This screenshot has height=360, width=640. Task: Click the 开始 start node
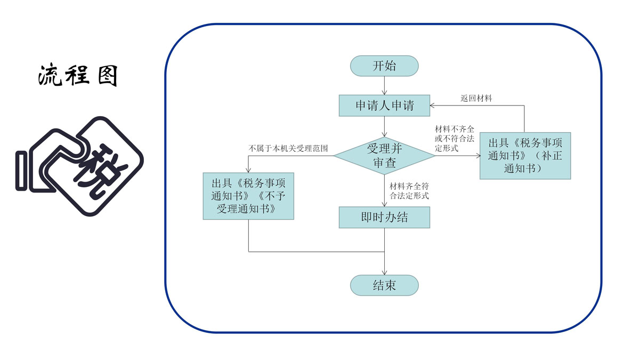click(384, 66)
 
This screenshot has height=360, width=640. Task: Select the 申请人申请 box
click(384, 105)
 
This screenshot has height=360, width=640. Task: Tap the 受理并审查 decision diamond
click(384, 156)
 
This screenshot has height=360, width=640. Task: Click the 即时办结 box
click(384, 217)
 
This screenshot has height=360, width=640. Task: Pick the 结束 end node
click(384, 285)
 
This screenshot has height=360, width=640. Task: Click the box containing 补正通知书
click(525, 156)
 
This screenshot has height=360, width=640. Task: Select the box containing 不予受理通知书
click(248, 196)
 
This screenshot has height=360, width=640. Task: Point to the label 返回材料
click(476, 99)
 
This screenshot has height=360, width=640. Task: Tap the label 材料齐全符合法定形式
click(409, 191)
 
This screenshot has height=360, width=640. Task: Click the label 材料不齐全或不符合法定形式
click(455, 139)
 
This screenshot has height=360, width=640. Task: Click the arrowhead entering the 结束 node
click(384, 272)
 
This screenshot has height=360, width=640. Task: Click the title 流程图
click(78, 76)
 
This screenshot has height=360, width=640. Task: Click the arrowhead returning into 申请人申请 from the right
click(433, 105)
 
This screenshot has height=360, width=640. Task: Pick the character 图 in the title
click(108, 76)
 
